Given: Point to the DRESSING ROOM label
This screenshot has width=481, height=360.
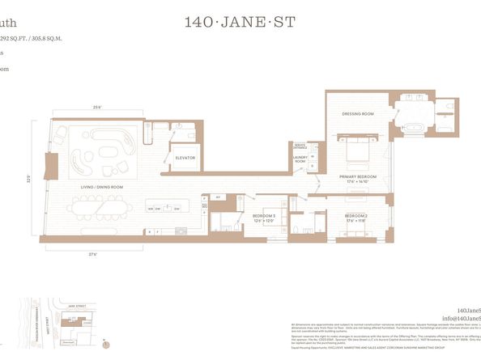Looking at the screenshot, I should tap(357, 114).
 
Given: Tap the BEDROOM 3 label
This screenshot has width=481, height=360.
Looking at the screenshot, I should tap(263, 216).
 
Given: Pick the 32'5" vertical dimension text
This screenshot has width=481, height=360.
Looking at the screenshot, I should tap(28, 178).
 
